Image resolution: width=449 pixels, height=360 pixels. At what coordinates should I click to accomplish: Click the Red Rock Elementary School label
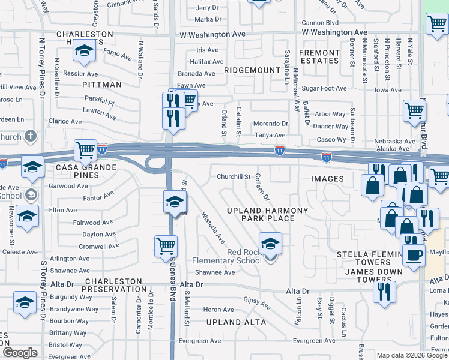tap(227, 256)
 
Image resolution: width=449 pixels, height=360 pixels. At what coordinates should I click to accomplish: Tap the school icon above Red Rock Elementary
tap(270, 244)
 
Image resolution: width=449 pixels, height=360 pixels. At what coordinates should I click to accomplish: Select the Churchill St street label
tap(234, 177)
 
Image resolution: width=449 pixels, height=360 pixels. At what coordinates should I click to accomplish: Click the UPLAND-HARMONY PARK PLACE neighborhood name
tap(267, 214)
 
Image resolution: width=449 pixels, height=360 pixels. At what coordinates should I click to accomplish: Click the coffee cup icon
tap(413, 255)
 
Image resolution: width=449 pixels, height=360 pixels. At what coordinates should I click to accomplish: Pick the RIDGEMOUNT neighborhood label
tap(252, 70)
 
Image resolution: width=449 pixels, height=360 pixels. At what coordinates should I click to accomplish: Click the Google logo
tap(20, 352)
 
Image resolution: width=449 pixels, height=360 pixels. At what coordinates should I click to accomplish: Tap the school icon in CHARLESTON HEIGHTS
tap(84, 52)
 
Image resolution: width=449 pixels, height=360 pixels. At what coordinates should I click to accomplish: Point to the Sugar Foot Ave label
tap(324, 88)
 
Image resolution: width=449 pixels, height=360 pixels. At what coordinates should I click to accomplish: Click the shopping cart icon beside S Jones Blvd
tap(166, 245)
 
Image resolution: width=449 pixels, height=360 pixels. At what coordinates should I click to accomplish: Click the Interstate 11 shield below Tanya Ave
tap(280, 149)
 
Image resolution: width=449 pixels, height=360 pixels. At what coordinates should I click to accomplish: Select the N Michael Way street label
tap(296, 90)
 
